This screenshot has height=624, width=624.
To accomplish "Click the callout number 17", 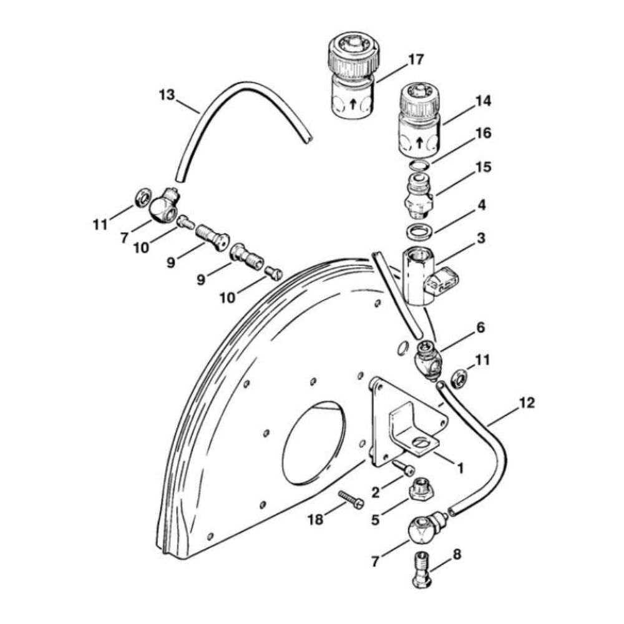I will click(416, 60).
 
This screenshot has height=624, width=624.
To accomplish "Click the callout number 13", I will click(167, 95).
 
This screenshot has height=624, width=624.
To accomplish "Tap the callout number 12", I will click(527, 403).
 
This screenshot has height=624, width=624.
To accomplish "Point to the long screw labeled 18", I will click(351, 500).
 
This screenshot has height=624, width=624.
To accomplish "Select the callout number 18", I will click(316, 519).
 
